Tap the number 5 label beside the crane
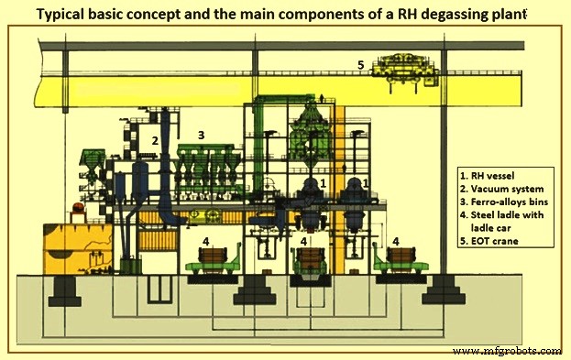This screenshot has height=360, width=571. [x=361, y=65]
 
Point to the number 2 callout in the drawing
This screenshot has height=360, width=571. [x=155, y=141]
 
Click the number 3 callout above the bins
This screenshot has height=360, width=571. [x=202, y=135]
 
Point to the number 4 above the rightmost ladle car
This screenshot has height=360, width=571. [x=395, y=240]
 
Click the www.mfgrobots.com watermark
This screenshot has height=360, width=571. [x=510, y=351]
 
